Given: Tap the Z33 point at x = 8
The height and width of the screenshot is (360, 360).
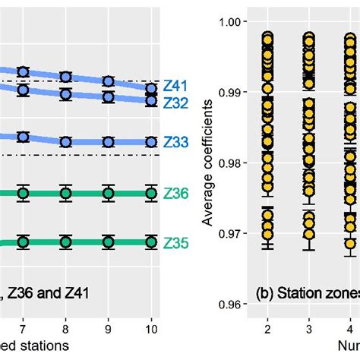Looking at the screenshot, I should click(x=65, y=142).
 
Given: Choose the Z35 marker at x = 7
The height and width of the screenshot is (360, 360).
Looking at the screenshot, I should click(x=23, y=242).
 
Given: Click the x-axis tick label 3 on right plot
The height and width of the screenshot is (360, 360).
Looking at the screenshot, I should click(x=309, y=327).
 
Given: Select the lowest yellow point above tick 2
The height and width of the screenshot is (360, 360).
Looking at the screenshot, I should click(x=267, y=242).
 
